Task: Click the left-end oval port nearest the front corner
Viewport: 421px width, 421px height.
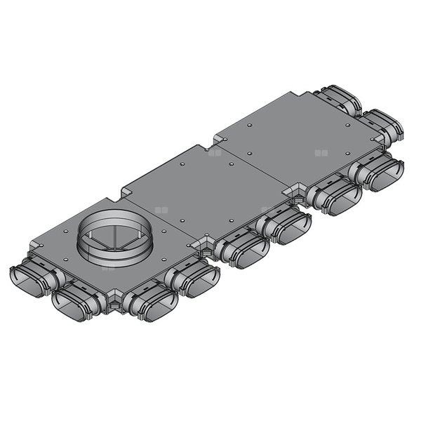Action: click(x=73, y=305)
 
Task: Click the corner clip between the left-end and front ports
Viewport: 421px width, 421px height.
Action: click(x=112, y=303)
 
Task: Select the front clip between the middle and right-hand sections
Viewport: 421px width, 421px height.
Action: click(x=299, y=196)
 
